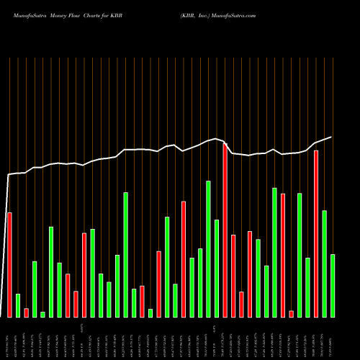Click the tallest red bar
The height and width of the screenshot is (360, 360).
click(x=225, y=230)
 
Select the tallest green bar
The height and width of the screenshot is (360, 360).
click(x=209, y=248)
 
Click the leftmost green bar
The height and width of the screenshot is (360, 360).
click(x=18, y=305)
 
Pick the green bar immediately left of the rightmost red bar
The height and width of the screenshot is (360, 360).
click(x=308, y=287)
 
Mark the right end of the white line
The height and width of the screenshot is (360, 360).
click(x=332, y=137)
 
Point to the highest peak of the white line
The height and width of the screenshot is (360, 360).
click(x=216, y=139)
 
